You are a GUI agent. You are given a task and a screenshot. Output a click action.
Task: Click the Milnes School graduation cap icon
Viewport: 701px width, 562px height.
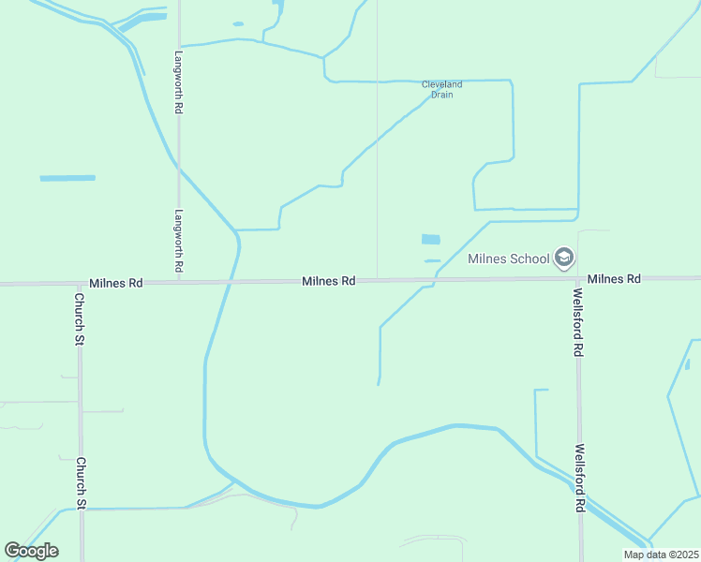[x=563, y=258]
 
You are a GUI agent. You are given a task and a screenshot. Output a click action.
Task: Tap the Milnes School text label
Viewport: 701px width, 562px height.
[x=509, y=259]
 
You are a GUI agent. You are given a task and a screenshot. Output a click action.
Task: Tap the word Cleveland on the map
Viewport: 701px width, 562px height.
[x=442, y=84]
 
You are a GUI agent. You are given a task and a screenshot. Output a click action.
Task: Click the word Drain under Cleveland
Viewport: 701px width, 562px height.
[x=442, y=95]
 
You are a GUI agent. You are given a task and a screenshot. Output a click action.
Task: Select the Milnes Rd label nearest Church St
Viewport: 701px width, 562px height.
[x=116, y=282]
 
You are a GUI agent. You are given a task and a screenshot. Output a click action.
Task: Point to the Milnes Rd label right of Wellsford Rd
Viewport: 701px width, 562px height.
[x=614, y=279]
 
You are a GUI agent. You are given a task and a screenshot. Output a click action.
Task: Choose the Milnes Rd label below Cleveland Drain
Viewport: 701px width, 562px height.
[x=328, y=281]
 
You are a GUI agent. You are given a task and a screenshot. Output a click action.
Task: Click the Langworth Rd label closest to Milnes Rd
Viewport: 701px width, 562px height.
[x=178, y=241]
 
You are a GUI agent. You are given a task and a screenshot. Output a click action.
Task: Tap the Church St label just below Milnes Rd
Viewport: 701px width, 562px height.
[x=81, y=319]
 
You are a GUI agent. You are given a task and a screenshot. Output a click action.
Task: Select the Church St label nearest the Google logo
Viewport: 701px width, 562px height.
[x=82, y=483]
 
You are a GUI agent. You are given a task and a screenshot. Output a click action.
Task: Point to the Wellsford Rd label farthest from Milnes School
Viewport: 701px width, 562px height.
[x=580, y=478]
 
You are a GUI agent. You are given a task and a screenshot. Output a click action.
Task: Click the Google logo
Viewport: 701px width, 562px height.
[x=31, y=551]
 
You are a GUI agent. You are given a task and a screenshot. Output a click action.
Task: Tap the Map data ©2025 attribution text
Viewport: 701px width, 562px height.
[x=660, y=555]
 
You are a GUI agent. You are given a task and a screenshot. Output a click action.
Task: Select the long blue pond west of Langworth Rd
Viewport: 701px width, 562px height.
[x=67, y=178]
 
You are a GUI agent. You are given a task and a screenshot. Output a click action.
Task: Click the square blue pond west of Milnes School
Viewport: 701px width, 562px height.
[x=431, y=240]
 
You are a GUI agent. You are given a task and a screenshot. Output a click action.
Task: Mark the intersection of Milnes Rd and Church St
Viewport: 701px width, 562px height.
[x=80, y=283]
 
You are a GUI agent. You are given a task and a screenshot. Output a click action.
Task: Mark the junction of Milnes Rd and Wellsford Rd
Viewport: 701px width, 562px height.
[x=577, y=279]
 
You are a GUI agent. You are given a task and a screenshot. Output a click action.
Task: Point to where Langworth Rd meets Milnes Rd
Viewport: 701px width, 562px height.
[x=178, y=281]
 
